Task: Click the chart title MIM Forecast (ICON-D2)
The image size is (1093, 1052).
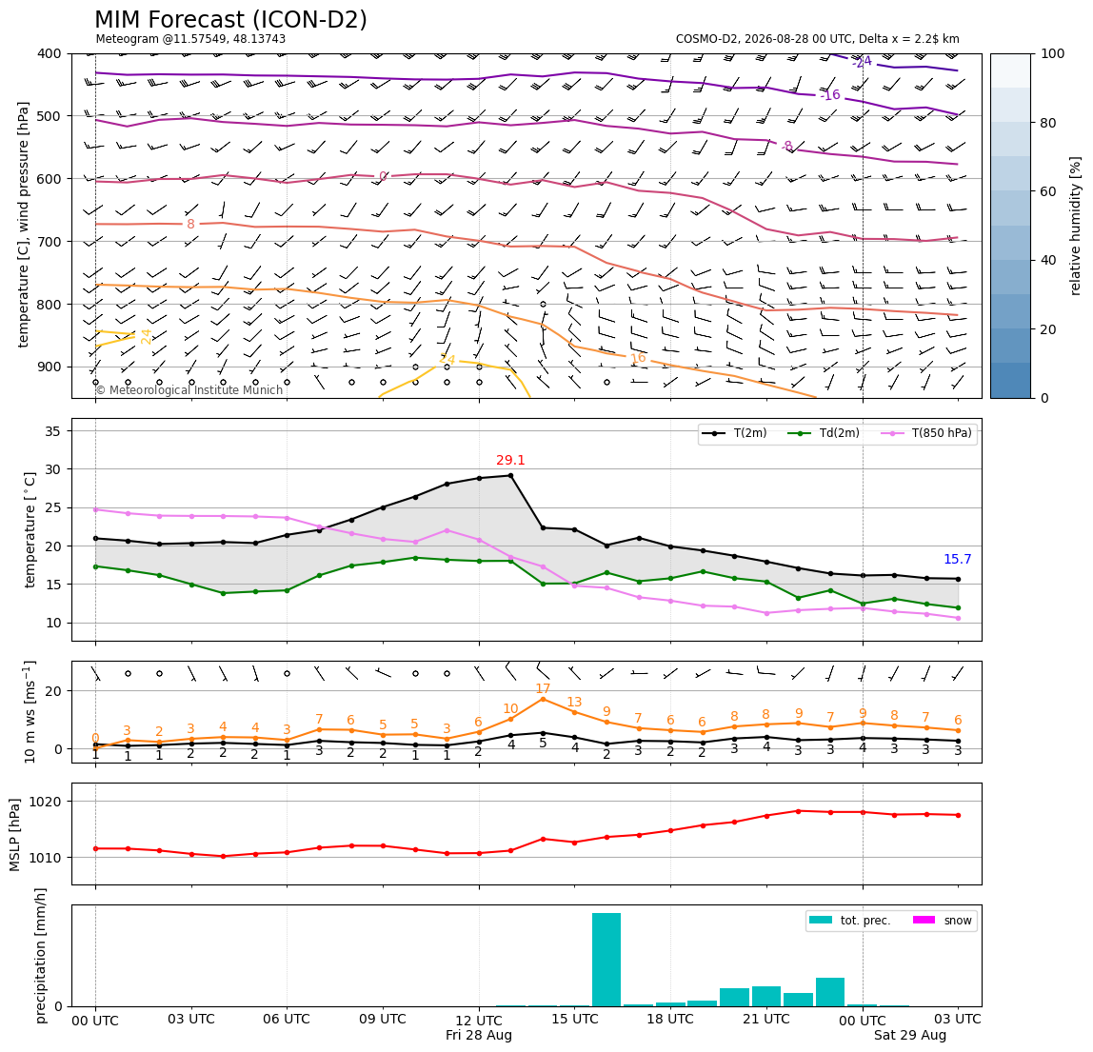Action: (x=230, y=20)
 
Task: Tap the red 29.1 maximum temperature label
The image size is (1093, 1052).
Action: (x=510, y=460)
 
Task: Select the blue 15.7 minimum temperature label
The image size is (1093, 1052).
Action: (x=957, y=559)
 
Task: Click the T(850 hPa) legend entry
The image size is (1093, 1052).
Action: (x=927, y=433)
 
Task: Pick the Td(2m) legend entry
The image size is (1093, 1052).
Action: (x=824, y=433)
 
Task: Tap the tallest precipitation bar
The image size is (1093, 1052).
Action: (x=606, y=960)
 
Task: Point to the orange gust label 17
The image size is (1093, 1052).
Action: (x=543, y=688)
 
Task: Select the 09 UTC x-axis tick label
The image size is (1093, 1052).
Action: (x=383, y=1019)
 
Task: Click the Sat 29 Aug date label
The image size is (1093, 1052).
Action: (x=910, y=1035)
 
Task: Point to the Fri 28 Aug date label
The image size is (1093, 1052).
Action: (x=479, y=1035)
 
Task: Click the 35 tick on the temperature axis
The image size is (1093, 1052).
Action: (x=53, y=431)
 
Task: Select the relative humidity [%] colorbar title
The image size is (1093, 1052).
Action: (x=1076, y=226)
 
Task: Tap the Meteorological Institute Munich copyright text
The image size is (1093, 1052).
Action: (x=189, y=389)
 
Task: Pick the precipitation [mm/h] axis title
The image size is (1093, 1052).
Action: (x=41, y=956)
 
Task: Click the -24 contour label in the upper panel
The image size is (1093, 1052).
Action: (x=862, y=62)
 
